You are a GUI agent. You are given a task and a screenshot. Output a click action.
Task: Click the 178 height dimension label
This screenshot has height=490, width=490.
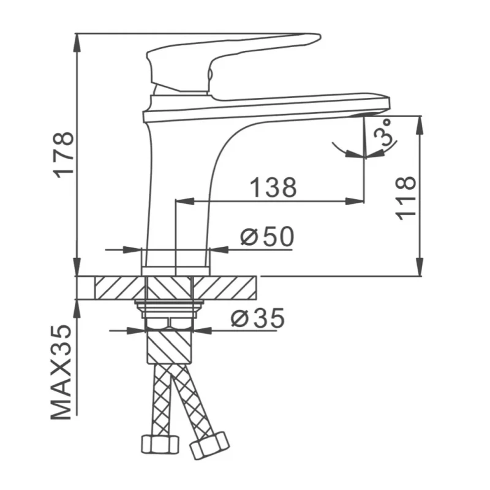point(64,156)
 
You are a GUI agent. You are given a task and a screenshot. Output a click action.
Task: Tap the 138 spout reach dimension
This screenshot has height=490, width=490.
point(273,187)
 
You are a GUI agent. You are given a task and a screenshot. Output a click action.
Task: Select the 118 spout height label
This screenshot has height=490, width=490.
point(405,198)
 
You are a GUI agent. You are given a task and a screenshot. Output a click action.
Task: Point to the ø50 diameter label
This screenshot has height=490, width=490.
point(267,236)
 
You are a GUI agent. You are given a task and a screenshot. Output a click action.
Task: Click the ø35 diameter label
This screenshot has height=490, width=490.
point(258,317)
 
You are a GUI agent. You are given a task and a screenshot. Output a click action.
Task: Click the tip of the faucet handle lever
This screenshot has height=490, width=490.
point(320,36)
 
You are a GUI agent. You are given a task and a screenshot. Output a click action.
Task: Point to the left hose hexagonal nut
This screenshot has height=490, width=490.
point(160,444)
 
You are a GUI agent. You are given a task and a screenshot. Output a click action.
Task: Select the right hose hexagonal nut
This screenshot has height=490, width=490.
point(209,446)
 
